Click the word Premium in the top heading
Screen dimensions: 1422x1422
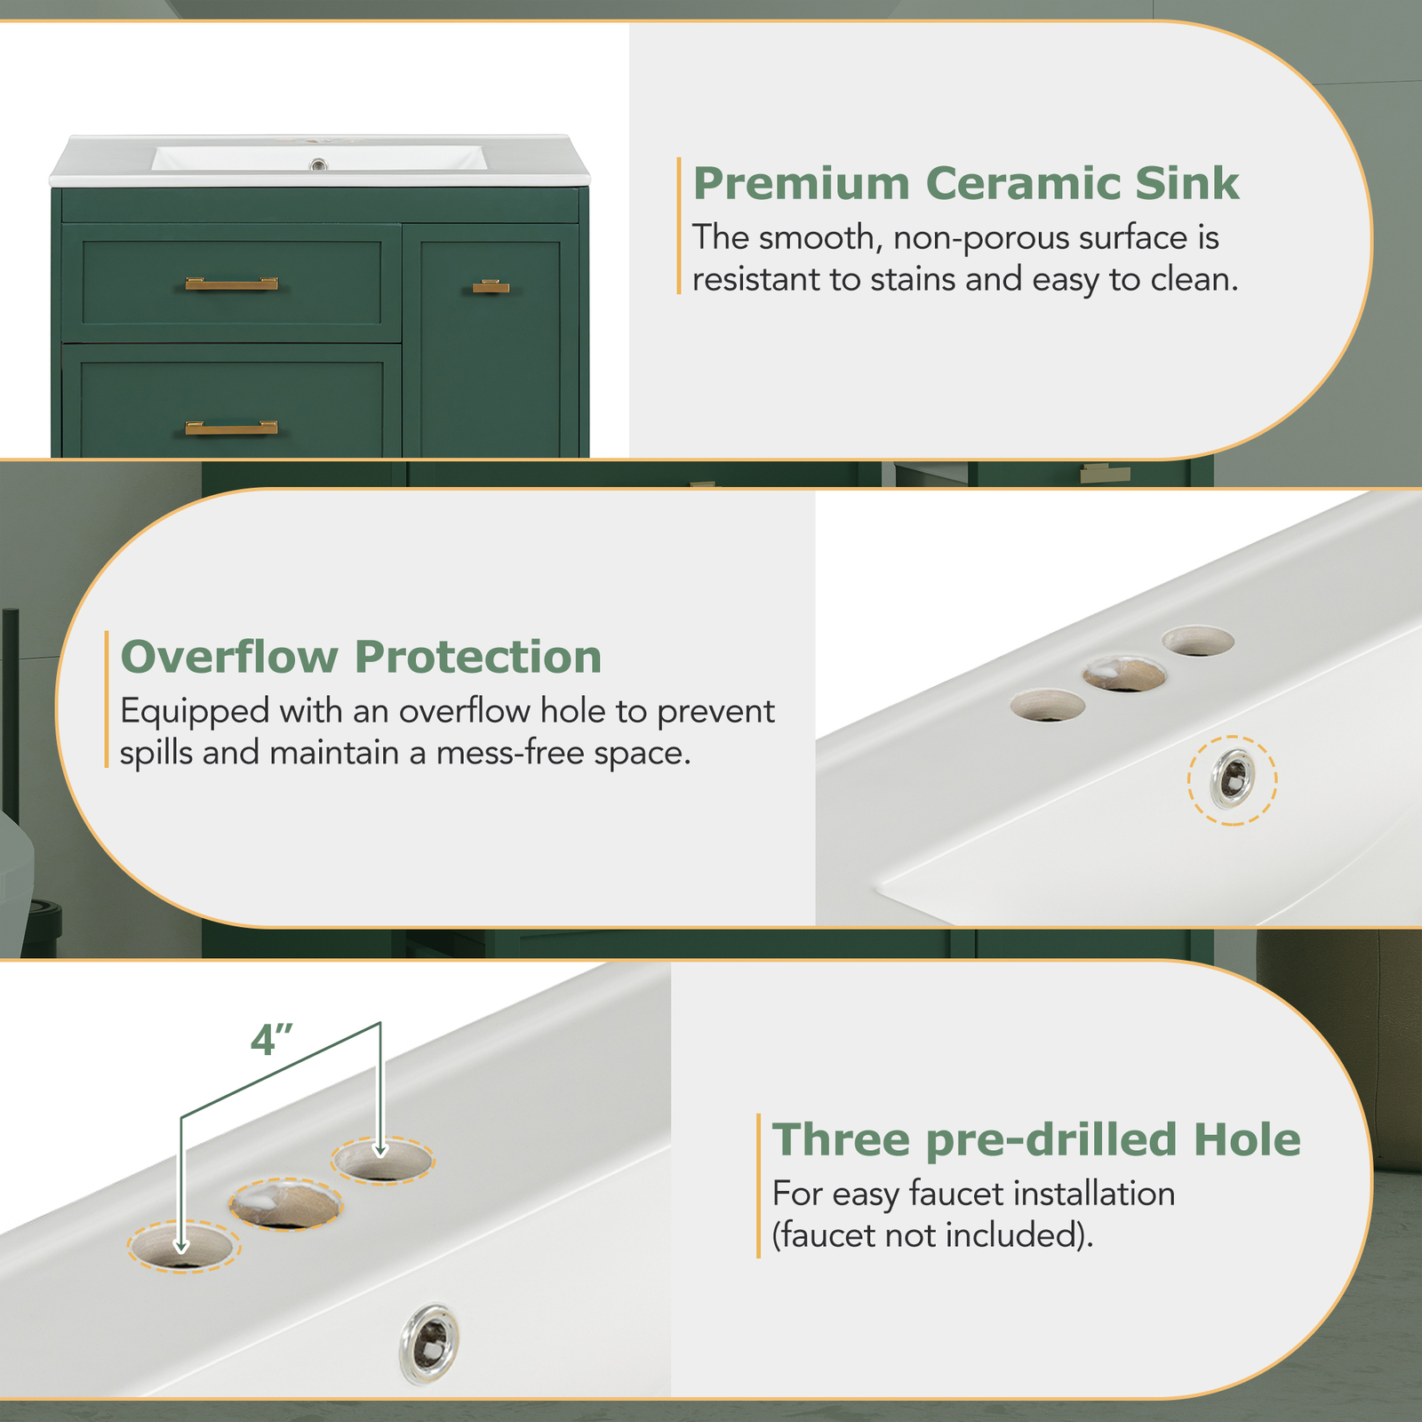[802, 184]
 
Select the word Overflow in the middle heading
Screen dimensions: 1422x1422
[229, 658]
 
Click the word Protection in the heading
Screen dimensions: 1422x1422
[478, 658]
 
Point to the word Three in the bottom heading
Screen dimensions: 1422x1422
[841, 1139]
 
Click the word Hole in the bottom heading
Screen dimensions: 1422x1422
[1246, 1139]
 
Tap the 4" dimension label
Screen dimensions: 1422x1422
[271, 1040]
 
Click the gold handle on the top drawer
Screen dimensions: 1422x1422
[231, 284]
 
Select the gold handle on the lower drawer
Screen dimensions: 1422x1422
[231, 427]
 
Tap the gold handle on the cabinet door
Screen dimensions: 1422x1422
[491, 286]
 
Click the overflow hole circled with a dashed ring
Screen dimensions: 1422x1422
[1234, 779]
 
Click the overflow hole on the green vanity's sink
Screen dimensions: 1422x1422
[318, 164]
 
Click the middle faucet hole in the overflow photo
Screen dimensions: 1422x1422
[1124, 675]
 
